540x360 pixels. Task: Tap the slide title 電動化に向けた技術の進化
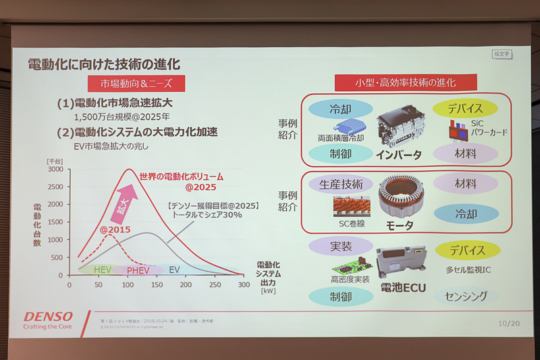[103, 65]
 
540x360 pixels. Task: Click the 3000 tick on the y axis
[56, 170]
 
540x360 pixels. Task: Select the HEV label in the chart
[102, 269]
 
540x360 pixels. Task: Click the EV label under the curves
[174, 269]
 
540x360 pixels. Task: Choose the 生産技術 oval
[340, 184]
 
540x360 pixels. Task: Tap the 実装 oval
[341, 247]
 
